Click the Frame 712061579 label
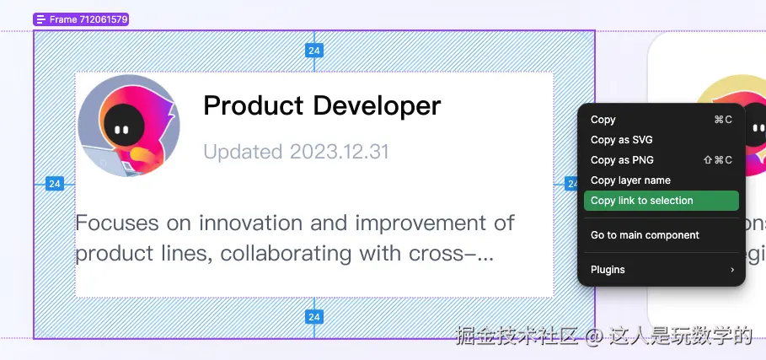pos(81,19)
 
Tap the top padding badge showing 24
pos(313,51)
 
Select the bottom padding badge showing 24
pos(313,317)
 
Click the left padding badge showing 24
pos(54,184)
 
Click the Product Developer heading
pos(322,105)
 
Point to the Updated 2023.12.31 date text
pos(296,152)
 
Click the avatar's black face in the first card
pos(124,127)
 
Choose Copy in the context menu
pos(603,120)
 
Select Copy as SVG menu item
pos(621,140)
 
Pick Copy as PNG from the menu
pos(622,160)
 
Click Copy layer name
pos(630,180)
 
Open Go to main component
pos(645,235)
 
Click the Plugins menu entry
pos(608,270)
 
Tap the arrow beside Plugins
pos(731,270)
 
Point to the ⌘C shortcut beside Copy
pos(723,120)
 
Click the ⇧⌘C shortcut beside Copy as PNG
pos(718,160)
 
